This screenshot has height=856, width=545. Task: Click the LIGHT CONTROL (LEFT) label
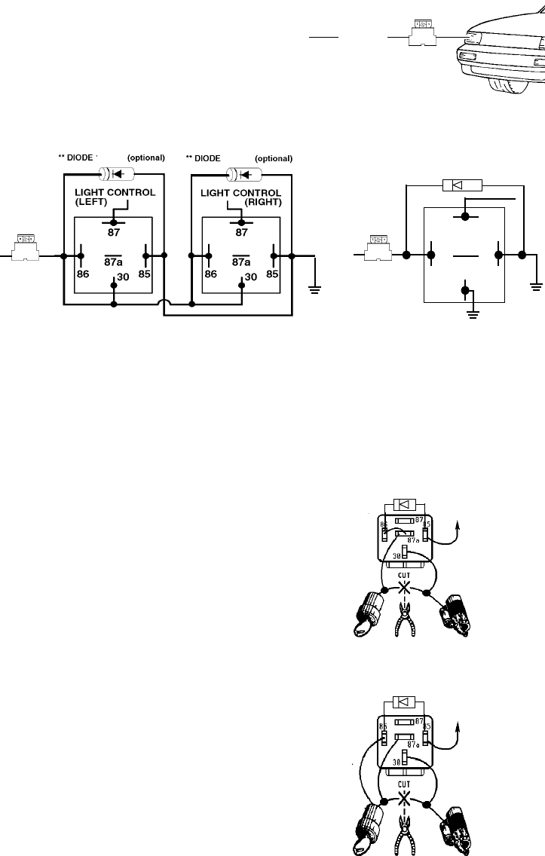pos(115,197)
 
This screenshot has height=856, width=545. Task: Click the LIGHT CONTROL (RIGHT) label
pos(241,197)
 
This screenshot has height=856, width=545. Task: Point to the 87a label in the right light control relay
pos(240,263)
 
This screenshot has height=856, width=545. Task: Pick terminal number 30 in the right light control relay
pos(250,277)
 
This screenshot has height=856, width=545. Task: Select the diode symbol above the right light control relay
pos(243,174)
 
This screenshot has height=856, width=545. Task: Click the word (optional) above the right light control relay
pos(273,158)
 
